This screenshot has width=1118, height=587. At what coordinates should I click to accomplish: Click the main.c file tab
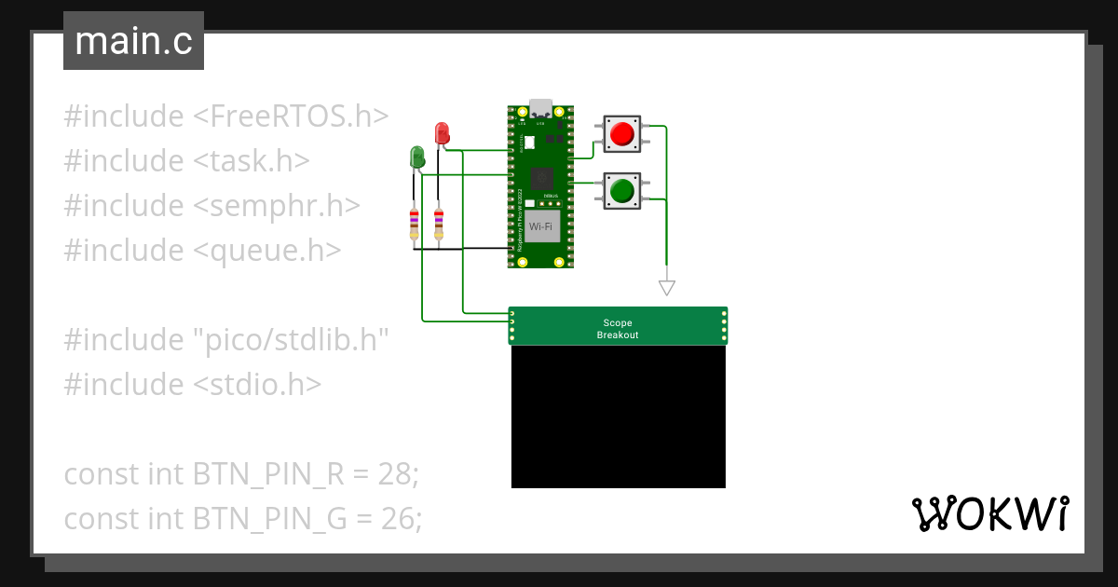[x=133, y=41]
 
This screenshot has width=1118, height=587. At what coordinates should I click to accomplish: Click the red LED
[x=443, y=133]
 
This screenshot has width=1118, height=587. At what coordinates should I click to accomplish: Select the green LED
[x=417, y=157]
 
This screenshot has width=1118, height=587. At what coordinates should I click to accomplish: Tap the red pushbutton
[x=620, y=134]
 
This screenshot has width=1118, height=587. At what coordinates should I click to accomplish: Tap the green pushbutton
[x=620, y=191]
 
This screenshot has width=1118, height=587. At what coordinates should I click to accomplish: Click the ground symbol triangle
[x=665, y=288]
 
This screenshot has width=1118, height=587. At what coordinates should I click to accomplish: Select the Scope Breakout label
[x=618, y=329]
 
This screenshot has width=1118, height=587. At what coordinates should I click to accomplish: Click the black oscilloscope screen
[x=618, y=416]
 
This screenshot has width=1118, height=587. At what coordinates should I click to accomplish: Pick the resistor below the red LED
[x=439, y=225]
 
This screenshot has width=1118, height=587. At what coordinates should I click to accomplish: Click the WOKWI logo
[x=988, y=513]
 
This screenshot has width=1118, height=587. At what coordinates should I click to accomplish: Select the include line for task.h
[x=186, y=161]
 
